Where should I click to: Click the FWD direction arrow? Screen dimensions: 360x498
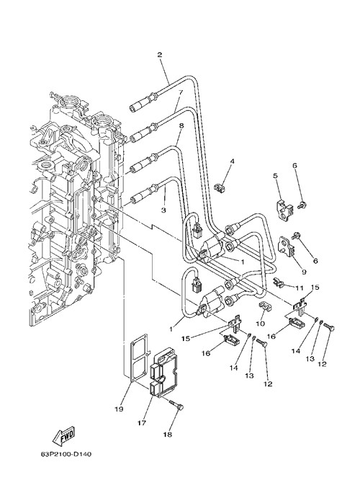[x=63, y=434]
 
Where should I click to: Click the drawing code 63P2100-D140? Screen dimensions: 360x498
[x=66, y=455]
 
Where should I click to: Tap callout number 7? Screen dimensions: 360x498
[x=180, y=92]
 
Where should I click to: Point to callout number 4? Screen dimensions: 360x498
[x=232, y=161]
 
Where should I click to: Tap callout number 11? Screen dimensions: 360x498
[x=299, y=288]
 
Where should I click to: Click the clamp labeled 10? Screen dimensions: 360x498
[x=264, y=306]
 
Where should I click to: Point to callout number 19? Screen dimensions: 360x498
[x=119, y=409]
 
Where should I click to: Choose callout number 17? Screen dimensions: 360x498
[x=141, y=423]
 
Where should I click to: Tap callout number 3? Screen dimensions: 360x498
[x=163, y=210]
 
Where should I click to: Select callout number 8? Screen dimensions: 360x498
[x=181, y=125]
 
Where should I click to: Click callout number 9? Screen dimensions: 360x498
[x=304, y=272]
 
